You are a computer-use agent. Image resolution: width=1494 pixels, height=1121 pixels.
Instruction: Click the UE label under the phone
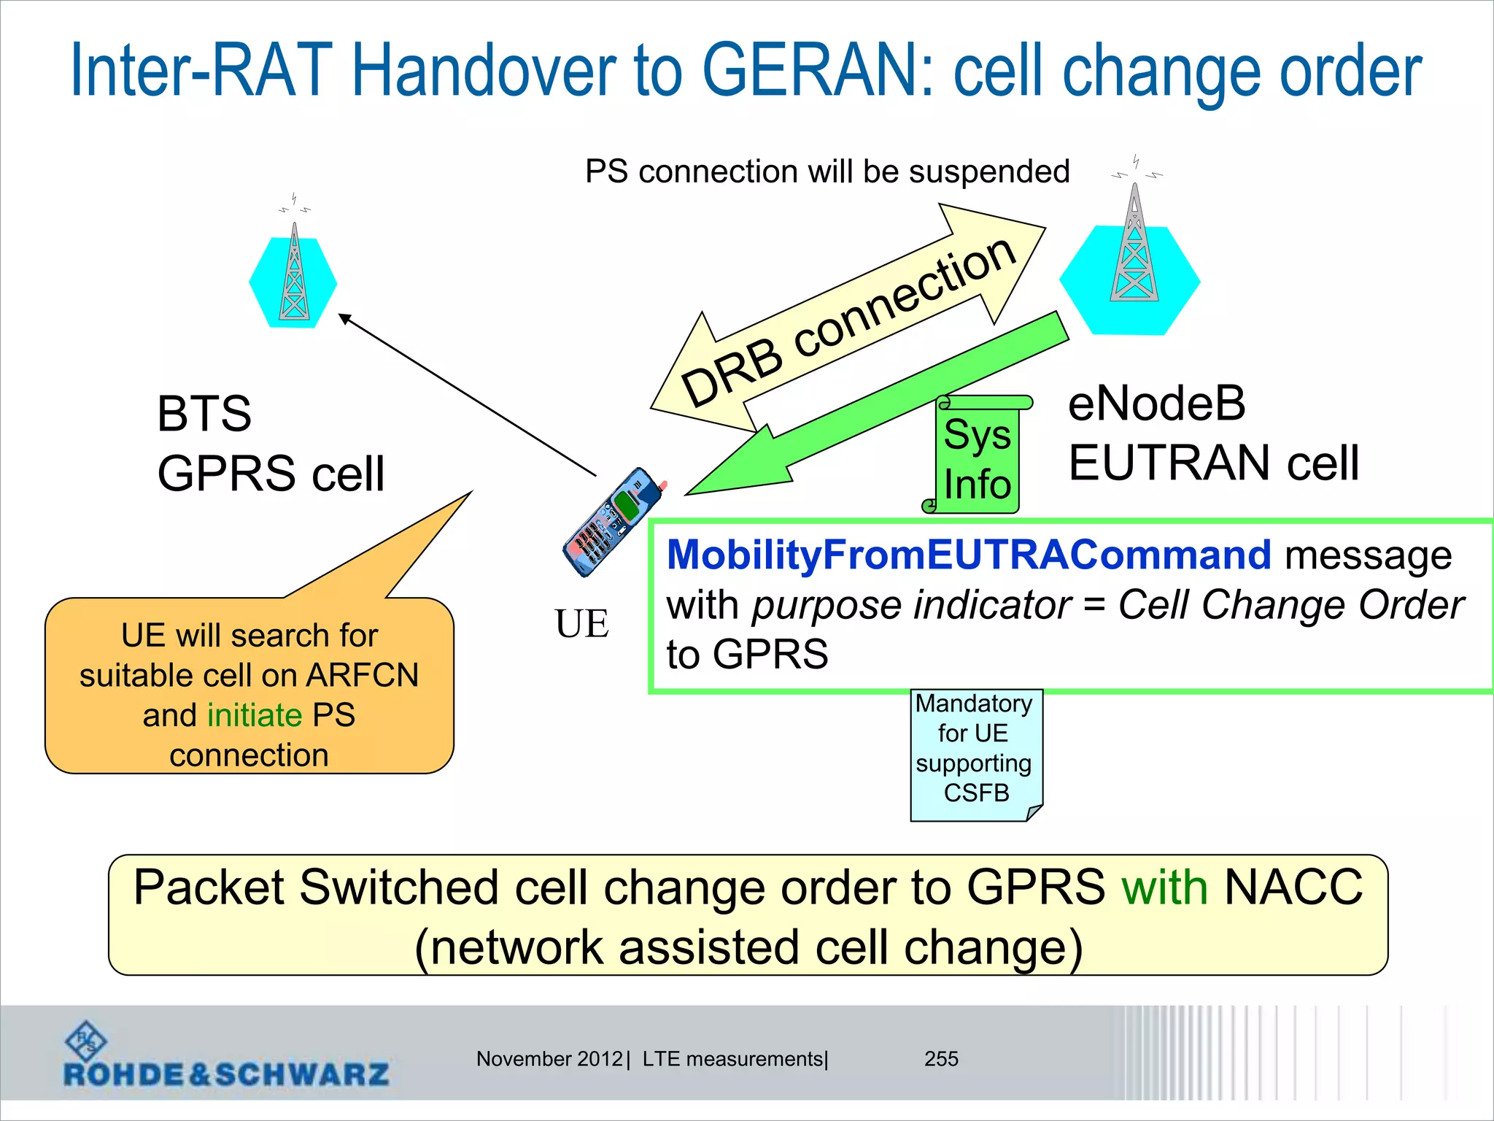coord(581,624)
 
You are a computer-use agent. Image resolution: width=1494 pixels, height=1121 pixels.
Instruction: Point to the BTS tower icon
coord(294,274)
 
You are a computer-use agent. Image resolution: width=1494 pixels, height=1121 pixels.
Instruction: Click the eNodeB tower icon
coord(1134,248)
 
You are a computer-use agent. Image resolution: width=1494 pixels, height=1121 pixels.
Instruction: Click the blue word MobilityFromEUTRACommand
coord(968,555)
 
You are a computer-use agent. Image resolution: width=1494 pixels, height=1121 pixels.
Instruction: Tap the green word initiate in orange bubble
coord(255,715)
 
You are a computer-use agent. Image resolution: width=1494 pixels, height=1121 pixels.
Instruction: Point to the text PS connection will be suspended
coord(827,172)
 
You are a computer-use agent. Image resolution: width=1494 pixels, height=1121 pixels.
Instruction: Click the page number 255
coord(941,1059)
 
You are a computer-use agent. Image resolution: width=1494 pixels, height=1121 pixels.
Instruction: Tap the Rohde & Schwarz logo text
coord(226,1074)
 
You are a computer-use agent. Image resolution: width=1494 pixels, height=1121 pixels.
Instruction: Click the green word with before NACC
coord(1164,888)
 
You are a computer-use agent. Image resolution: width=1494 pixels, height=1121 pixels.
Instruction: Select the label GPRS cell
coord(271,474)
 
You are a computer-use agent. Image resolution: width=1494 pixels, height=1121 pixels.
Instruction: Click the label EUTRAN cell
coord(1213,463)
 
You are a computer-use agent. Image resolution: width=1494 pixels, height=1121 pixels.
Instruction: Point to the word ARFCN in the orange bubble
coord(363,675)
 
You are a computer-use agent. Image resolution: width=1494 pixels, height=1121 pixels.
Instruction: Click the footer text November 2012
coord(549,1059)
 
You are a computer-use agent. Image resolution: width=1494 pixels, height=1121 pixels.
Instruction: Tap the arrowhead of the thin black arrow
coord(344,318)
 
